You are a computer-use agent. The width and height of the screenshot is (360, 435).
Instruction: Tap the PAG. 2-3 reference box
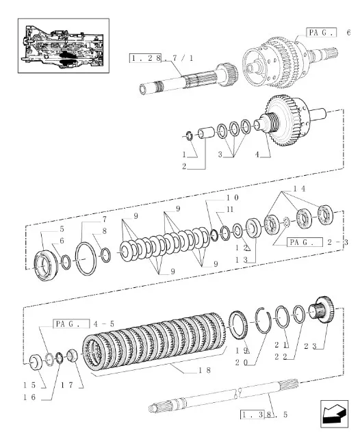click(308, 242)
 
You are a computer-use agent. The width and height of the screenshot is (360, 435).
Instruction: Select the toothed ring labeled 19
click(240, 324)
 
